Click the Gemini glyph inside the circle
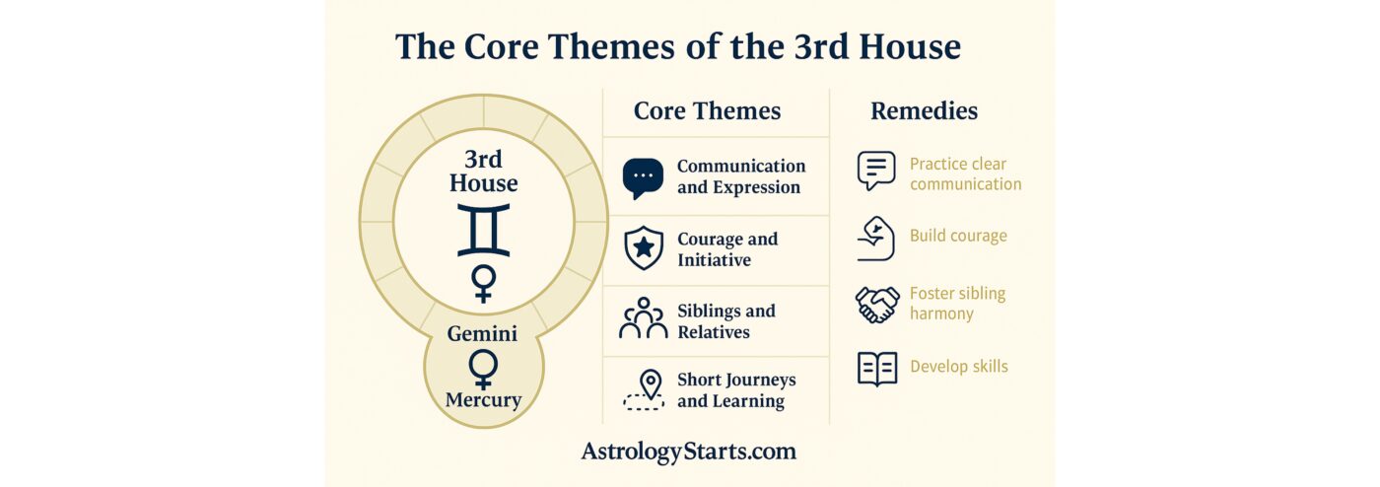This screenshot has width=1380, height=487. tap(484, 230)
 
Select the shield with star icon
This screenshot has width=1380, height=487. tap(644, 248)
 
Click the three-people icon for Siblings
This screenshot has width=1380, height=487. tap(643, 318)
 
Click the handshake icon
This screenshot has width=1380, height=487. tap(877, 305)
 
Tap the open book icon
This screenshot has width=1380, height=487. tap(877, 369)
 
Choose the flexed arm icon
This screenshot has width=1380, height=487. tap(876, 239)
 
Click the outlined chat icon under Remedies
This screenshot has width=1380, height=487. tap(876, 171)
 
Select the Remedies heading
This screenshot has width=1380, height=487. tap(925, 111)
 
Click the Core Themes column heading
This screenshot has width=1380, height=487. tap(708, 111)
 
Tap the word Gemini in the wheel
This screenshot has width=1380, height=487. tap(482, 333)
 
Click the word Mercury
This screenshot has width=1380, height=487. tap(484, 400)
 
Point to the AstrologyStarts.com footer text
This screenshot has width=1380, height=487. tap(689, 452)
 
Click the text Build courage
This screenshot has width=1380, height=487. tap(958, 236)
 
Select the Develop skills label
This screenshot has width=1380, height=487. tap(959, 367)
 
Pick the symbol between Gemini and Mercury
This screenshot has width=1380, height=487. tap(483, 370)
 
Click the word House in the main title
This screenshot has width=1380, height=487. tap(910, 47)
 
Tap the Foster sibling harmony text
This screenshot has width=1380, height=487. tap(957, 304)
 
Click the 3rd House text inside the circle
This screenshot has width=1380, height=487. tap(484, 172)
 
